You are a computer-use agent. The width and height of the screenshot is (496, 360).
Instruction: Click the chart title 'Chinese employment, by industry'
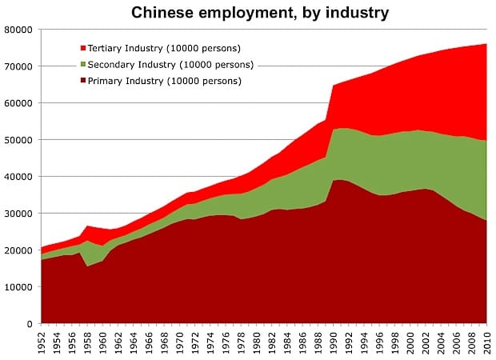[260, 13]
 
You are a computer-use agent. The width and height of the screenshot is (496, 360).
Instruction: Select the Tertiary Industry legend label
[164, 48]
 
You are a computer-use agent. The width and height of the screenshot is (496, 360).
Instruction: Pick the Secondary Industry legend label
[171, 65]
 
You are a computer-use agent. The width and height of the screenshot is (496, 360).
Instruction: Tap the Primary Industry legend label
[165, 81]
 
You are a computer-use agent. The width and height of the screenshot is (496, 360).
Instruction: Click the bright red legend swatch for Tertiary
[83, 48]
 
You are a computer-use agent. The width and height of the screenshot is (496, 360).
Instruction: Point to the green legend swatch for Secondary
[83, 65]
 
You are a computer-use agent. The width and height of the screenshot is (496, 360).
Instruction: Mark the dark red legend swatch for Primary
[83, 81]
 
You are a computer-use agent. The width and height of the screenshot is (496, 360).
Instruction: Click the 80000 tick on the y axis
[18, 30]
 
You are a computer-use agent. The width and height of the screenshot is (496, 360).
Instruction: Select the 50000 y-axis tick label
[18, 140]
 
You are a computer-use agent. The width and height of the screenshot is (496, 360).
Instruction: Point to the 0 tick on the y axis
[30, 324]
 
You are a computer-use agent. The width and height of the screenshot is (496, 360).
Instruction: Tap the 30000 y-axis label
[18, 214]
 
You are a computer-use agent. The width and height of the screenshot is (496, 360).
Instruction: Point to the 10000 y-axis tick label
[18, 287]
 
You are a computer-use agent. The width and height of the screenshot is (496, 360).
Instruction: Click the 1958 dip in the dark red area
[88, 266]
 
